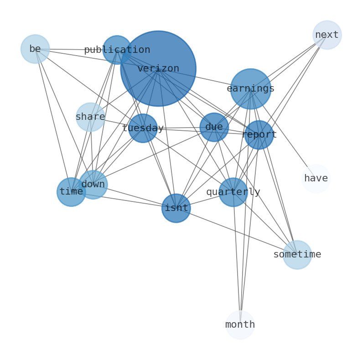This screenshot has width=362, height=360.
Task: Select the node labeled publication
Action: pos(117,50)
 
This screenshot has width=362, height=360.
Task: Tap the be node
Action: pos(35,49)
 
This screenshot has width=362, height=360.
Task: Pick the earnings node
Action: pos(250,89)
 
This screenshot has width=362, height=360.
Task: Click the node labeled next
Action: pos(327,35)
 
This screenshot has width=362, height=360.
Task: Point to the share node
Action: pos(90,117)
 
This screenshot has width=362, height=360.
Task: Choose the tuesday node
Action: pos(143,128)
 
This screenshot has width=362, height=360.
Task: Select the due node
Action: pos(214,127)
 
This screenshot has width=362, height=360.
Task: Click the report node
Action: pos(259,135)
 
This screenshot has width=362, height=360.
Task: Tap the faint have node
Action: pos(316,179)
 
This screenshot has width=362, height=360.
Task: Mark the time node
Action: pos(71,192)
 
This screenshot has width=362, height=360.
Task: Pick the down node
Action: pos(93,185)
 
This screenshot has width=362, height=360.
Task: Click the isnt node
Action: pos(176,208)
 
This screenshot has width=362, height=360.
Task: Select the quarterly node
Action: pos(233,192)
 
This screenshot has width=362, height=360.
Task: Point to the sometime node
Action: pos(297,255)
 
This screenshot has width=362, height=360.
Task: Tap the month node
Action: pos(240,325)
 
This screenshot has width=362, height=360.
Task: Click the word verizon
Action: pos(158,69)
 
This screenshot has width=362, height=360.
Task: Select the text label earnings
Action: pos(250,89)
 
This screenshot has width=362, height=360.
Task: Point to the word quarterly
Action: pos(233,192)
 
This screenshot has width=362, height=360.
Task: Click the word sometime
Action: pos(297,255)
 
